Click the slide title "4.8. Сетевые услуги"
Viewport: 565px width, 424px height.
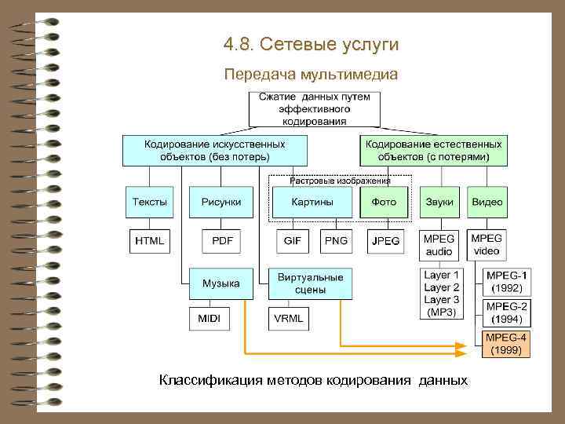311,44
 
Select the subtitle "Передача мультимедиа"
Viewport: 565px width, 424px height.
311,75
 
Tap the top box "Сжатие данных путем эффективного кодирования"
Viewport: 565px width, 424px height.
315,108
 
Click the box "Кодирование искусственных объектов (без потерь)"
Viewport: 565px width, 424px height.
214,150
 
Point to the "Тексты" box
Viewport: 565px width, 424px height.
150,203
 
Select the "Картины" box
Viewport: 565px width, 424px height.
312,203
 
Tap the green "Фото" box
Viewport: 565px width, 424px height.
384,203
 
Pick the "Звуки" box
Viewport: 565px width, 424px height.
439,203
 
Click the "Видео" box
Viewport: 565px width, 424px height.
487,203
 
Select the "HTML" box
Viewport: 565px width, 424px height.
150,241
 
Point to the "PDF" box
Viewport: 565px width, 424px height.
222,241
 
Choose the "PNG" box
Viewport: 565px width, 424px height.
336,241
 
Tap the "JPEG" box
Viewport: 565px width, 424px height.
385,241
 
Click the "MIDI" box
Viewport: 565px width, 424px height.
210,319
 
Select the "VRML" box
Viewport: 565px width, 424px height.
288,319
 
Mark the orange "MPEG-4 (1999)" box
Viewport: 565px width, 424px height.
505,344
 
